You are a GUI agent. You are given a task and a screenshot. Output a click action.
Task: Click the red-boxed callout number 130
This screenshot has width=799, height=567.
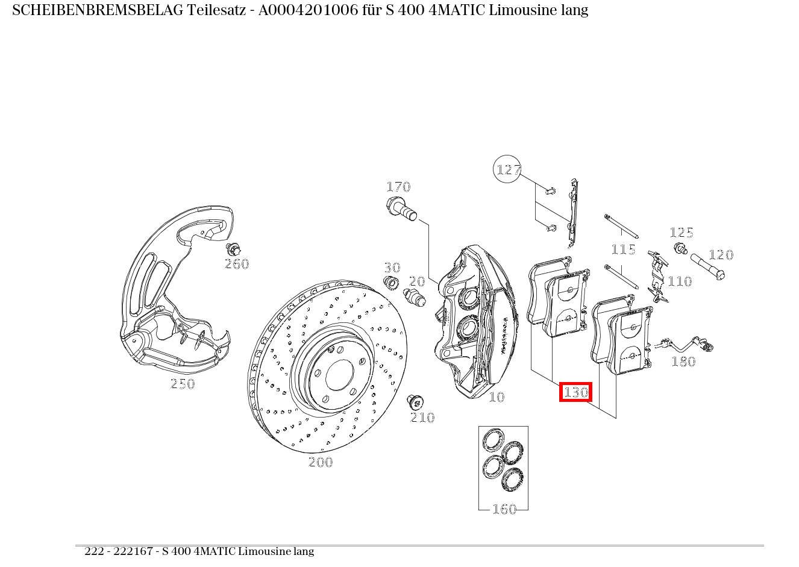pyautogui.click(x=575, y=392)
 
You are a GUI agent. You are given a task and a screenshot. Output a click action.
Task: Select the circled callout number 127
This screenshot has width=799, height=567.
pyautogui.click(x=507, y=169)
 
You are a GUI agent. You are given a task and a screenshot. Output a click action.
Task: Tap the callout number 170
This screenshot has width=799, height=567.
pyautogui.click(x=398, y=187)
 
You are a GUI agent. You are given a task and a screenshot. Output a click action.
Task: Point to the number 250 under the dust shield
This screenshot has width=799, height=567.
pyautogui.click(x=183, y=384)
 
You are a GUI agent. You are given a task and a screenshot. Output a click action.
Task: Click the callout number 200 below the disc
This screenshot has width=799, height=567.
pyautogui.click(x=321, y=462)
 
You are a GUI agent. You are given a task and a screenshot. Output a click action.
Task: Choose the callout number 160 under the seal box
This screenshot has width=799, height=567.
pyautogui.click(x=504, y=509)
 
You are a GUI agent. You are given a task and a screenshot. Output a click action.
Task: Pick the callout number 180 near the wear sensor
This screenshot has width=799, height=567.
pyautogui.click(x=683, y=362)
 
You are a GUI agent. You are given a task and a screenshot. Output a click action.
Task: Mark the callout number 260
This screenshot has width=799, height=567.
pyautogui.click(x=237, y=264)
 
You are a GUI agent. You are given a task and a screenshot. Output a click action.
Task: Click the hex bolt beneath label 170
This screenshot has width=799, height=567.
pyautogui.click(x=401, y=210)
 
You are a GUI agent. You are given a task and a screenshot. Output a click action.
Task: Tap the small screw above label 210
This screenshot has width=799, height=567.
pyautogui.click(x=415, y=402)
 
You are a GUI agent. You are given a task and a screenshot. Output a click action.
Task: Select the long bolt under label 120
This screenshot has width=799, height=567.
pyautogui.click(x=707, y=266)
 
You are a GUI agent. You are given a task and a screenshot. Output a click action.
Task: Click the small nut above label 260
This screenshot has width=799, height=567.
pyautogui.click(x=233, y=249)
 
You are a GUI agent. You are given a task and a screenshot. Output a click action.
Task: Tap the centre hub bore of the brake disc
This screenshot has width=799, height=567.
pyautogui.click(x=340, y=375)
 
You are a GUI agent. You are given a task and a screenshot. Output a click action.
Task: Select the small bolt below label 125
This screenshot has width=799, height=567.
pyautogui.click(x=680, y=248)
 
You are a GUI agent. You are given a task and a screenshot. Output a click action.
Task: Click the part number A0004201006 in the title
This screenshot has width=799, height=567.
pyautogui.click(x=308, y=10)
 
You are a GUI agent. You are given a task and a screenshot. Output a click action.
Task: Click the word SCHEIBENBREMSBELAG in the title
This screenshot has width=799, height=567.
pyautogui.click(x=98, y=10)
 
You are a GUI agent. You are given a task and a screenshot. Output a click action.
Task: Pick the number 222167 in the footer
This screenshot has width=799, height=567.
pyautogui.click(x=133, y=551)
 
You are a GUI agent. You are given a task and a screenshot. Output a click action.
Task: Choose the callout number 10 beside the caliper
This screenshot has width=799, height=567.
pyautogui.click(x=497, y=397)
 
